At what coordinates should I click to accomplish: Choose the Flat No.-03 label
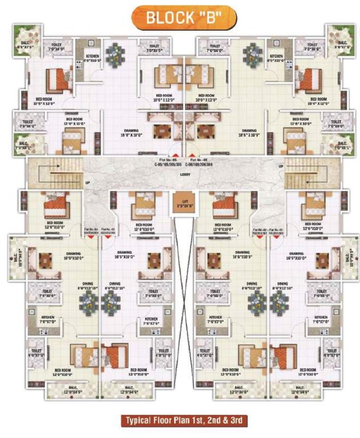click(x=109, y=229)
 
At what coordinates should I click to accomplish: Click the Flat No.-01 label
click(x=278, y=229)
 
